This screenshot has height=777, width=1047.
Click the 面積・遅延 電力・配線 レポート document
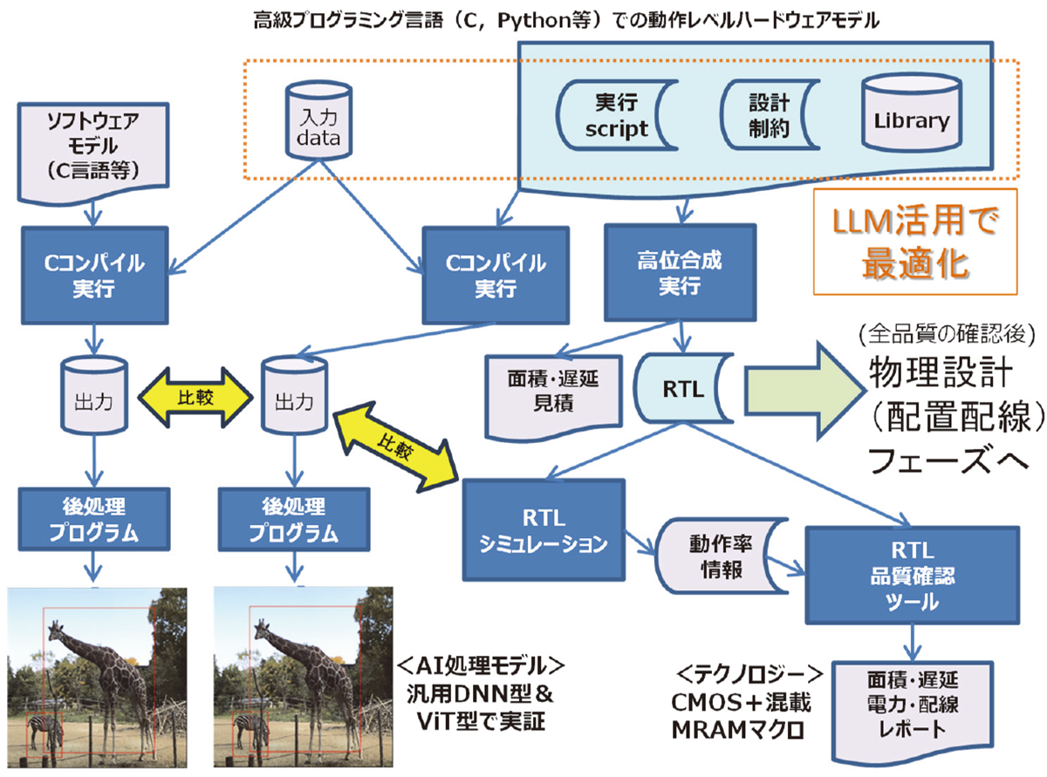tap(913, 706)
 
